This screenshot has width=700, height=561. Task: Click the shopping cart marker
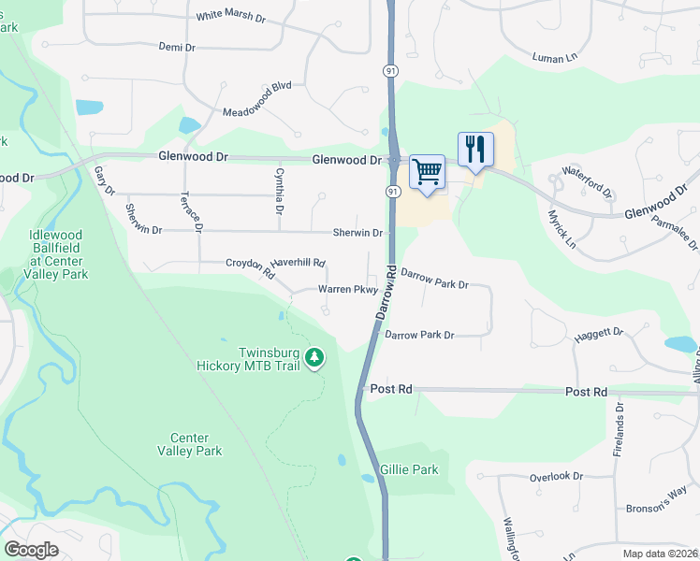pyautogui.click(x=427, y=173)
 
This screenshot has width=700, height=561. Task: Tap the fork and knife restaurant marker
pyautogui.click(x=475, y=150)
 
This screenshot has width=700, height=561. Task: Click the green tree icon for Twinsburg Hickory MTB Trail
pyautogui.click(x=315, y=358)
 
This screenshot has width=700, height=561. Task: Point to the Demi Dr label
pyautogui.click(x=177, y=47)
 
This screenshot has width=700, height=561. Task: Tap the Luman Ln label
pyautogui.click(x=554, y=58)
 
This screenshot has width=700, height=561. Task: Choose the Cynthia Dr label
pyautogui.click(x=278, y=184)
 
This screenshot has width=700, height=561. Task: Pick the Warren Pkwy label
pyautogui.click(x=347, y=290)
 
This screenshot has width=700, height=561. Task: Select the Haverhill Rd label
pyautogui.click(x=297, y=266)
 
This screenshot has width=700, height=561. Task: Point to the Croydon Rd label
pyautogui.click(x=249, y=268)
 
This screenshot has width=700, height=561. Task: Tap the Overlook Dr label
pyautogui.click(x=556, y=476)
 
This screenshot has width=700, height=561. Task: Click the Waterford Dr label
pyautogui.click(x=587, y=181)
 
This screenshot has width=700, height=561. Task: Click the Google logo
pyautogui.click(x=31, y=549)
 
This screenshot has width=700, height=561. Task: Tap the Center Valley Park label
pyautogui.click(x=197, y=444)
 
